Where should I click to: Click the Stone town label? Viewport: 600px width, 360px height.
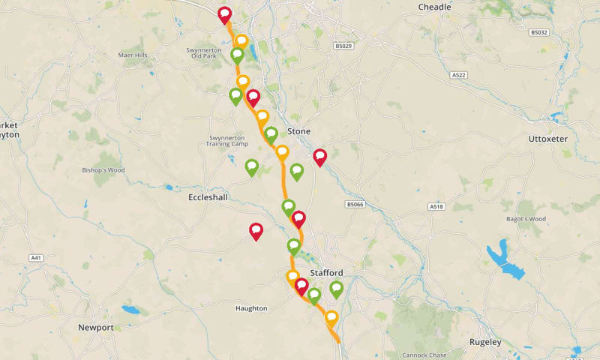tap(298, 131)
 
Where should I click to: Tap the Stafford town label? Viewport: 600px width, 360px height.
tap(326, 272)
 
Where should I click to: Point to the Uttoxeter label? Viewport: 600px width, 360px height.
tap(548, 139)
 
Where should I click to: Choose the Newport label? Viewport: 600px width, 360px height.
tap(95, 328)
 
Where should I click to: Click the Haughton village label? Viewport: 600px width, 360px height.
tap(250, 308)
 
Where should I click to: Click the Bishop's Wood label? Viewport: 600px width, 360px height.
tap(102, 170)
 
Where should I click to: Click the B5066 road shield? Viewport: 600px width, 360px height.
tap(355, 204)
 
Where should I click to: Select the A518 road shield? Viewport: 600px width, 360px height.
tap(436, 206)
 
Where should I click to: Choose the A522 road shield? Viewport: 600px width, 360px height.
tap(459, 75)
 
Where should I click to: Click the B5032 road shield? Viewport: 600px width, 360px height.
tap(538, 32)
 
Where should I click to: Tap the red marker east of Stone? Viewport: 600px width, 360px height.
tap(320, 156)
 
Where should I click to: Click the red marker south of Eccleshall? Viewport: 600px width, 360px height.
tap(256, 230)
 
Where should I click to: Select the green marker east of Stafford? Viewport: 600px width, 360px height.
tap(336, 288)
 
